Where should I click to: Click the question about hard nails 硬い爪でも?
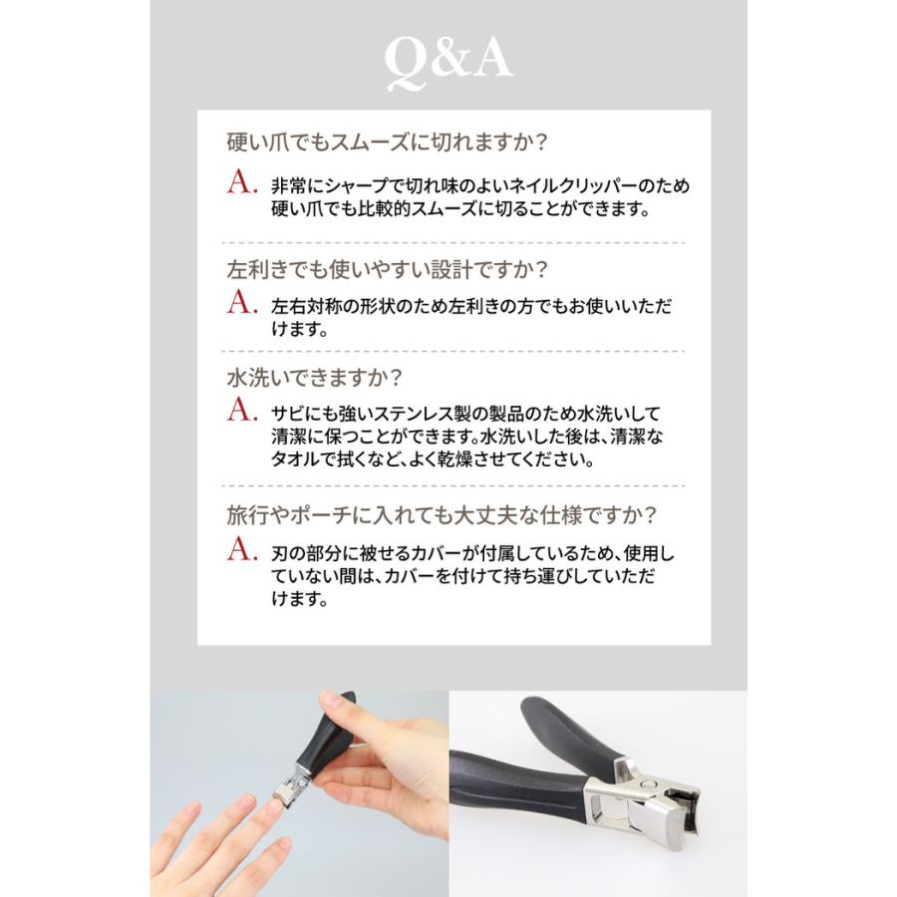[388, 143]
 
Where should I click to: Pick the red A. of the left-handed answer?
[242, 303]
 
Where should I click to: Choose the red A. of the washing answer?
[242, 412]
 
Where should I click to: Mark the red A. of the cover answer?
[242, 550]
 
